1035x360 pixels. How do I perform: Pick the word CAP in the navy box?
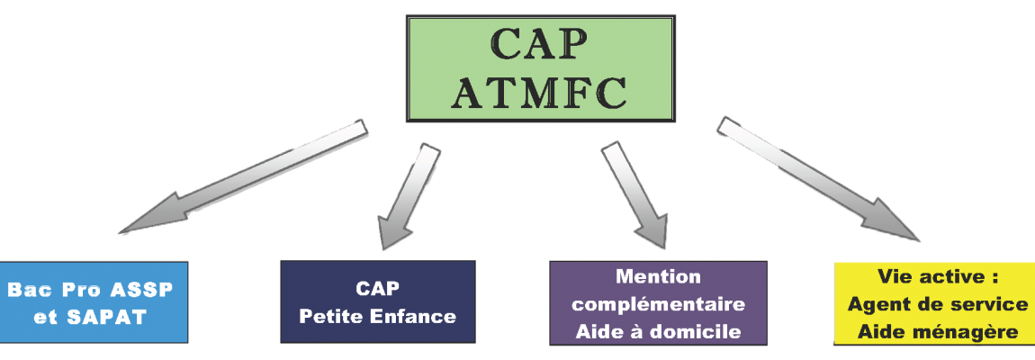[377, 290]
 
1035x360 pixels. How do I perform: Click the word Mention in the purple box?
[658, 275]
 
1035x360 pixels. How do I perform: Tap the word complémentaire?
[658, 303]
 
